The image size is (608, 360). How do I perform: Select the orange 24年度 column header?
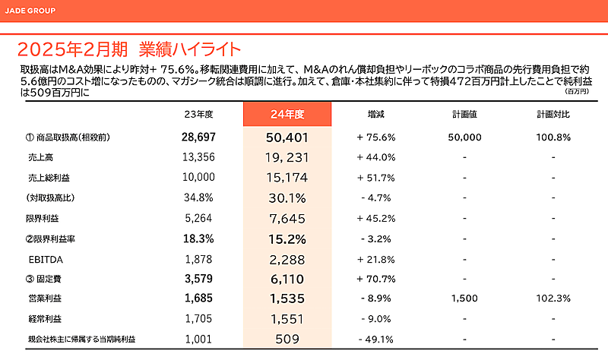click(x=287, y=114)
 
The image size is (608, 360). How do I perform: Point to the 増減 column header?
click(x=375, y=114)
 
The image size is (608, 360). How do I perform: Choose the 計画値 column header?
click(x=464, y=114)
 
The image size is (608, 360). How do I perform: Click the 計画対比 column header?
click(x=553, y=114)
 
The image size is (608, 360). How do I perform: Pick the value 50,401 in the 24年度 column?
click(x=287, y=137)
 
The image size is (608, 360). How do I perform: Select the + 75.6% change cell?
click(x=375, y=137)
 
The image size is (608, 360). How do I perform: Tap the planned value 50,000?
click(x=464, y=137)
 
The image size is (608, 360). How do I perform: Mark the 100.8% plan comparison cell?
click(x=553, y=137)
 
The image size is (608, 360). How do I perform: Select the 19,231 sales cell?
click(x=287, y=157)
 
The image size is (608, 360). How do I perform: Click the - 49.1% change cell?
click(x=375, y=339)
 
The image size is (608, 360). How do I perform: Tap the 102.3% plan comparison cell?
click(x=553, y=298)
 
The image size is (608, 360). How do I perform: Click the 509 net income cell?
click(x=287, y=339)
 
